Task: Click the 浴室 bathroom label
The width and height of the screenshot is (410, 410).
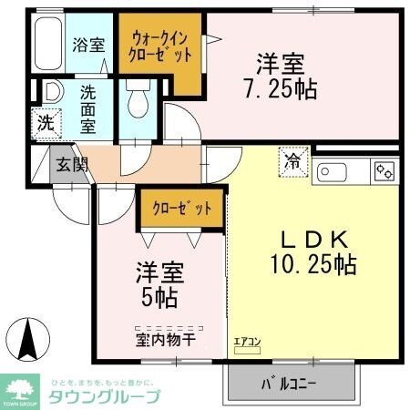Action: point(89,44)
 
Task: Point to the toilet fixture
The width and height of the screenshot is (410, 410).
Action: point(138,99)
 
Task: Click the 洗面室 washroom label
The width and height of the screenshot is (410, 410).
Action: point(88,108)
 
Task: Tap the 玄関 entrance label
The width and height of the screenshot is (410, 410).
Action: point(69,165)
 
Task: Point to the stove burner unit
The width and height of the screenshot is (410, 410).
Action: point(384,170)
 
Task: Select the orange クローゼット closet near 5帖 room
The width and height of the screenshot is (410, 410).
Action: point(181,209)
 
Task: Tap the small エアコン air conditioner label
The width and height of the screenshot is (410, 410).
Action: point(247,342)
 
